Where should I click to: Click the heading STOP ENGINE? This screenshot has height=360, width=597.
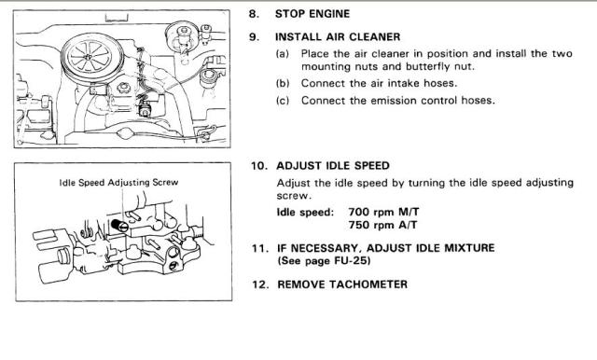[312, 14]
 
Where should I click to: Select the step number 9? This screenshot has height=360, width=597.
[254, 37]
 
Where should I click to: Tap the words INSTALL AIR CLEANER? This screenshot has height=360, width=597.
[338, 37]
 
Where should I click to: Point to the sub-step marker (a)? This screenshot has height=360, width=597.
[282, 54]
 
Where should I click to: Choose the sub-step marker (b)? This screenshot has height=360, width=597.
[282, 83]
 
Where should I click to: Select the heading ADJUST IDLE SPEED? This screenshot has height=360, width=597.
[333, 166]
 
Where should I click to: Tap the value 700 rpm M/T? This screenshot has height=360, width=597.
[383, 212]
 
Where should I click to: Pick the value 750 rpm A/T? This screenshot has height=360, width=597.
[382, 225]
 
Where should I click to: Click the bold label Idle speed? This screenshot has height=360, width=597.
[305, 212]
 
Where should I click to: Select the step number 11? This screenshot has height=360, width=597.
[257, 248]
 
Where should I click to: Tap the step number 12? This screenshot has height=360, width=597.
[259, 284]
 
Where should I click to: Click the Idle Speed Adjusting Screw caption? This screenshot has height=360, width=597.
[118, 183]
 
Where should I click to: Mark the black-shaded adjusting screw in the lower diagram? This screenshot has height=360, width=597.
[120, 225]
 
